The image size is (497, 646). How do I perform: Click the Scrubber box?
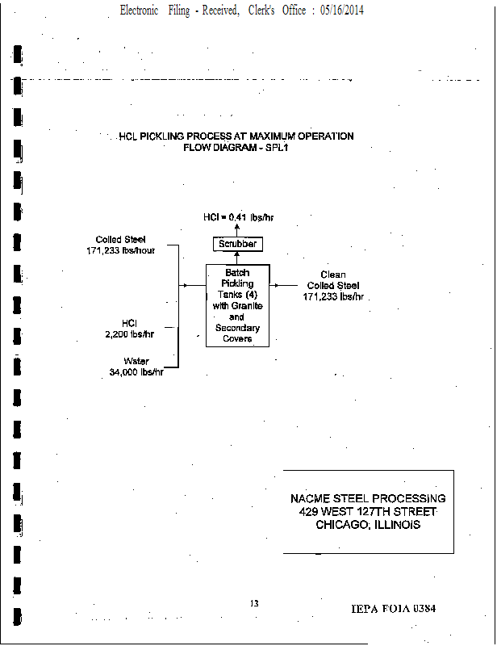[237, 244]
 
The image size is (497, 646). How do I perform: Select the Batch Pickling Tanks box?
[237, 305]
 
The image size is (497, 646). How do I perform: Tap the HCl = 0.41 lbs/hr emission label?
[237, 217]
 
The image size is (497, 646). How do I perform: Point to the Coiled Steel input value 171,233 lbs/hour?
[120, 250]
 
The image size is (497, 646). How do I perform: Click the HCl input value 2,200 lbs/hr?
[129, 333]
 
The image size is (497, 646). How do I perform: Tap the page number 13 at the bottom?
[254, 604]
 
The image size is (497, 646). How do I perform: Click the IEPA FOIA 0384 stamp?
[394, 608]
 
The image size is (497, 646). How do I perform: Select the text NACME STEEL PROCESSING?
[368, 499]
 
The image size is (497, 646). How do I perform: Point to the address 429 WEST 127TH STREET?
[368, 512]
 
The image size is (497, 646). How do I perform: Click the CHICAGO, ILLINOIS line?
[368, 525]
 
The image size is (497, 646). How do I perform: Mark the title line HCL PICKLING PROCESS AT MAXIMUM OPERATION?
[236, 136]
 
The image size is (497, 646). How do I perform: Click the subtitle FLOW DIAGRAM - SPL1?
[236, 148]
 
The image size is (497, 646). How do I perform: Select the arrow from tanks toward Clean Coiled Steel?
[284, 285]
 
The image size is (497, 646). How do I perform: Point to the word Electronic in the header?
[139, 10]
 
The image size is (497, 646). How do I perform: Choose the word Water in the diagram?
[136, 361]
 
